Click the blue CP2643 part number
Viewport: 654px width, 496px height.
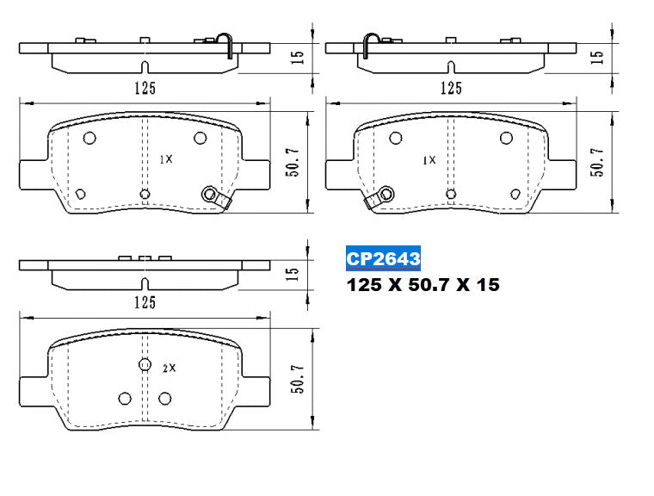(383, 257)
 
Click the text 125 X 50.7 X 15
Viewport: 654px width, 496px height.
(422, 284)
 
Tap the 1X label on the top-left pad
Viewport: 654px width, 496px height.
(166, 159)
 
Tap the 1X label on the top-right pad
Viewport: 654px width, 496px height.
(429, 160)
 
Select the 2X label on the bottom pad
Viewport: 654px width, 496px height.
(169, 368)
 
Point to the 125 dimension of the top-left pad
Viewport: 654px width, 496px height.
(144, 87)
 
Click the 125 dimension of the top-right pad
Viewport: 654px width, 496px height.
(450, 87)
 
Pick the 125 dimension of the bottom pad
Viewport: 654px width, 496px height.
(144, 301)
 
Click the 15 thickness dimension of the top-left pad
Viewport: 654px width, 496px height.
(296, 58)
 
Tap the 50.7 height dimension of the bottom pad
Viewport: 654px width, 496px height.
(298, 377)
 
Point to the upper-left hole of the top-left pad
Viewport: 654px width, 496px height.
(90, 138)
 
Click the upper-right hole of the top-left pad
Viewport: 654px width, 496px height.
(200, 138)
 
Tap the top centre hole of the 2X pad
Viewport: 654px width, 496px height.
(145, 364)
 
